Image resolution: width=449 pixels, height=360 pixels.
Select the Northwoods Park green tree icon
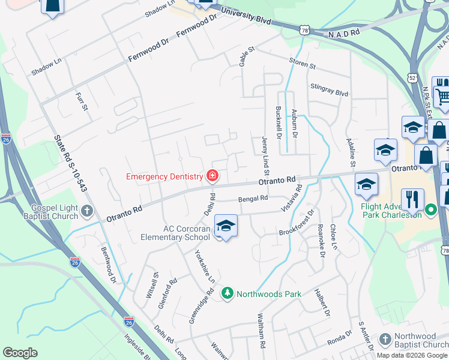click(x=227, y=293)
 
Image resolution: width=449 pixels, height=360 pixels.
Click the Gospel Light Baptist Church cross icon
click(x=88, y=211)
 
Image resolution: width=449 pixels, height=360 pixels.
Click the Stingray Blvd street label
click(x=329, y=90)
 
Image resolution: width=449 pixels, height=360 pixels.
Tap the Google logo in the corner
click(x=20, y=353)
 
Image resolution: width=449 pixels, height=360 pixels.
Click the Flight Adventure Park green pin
click(x=430, y=210)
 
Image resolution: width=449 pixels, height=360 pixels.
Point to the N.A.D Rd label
click(x=343, y=34)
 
